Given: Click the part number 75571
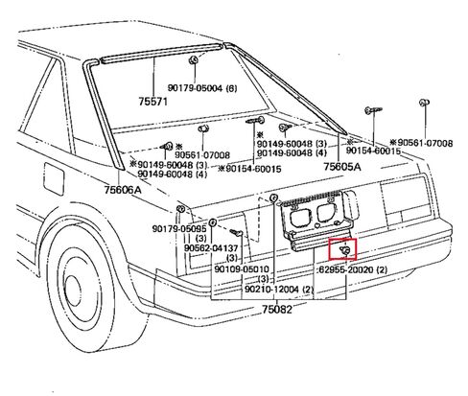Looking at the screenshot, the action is (x=152, y=102).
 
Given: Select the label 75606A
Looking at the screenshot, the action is (x=123, y=190).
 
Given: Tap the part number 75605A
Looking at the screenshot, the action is (x=342, y=166).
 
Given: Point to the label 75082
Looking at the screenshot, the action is (x=277, y=309).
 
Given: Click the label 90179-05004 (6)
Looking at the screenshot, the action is (x=202, y=88).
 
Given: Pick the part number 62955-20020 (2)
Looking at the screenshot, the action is (x=352, y=270).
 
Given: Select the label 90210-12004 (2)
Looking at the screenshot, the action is (x=279, y=290).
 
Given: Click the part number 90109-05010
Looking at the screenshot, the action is (x=242, y=269).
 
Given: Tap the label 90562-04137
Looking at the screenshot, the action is (x=211, y=247).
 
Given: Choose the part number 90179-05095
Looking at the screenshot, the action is (x=179, y=229).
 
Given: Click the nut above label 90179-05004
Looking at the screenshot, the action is (x=194, y=59).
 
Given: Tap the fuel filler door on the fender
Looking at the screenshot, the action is (x=55, y=179).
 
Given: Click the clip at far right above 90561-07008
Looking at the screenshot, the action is (x=424, y=103).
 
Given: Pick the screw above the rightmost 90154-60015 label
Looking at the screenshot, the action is (x=373, y=110).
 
